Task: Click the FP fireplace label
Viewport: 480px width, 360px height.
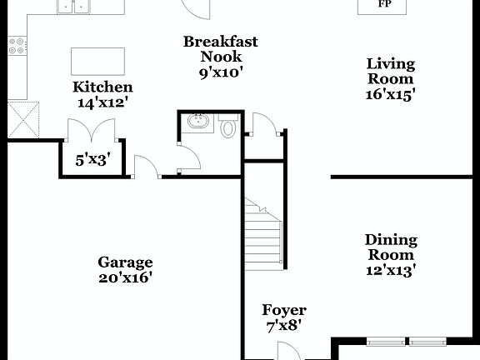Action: pos(384,4)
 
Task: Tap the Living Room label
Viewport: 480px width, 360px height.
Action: pos(391,71)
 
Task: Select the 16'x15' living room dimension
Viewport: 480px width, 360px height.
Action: pos(391,94)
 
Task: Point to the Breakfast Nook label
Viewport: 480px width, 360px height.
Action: pos(221,48)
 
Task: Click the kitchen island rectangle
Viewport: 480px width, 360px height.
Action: pos(98,61)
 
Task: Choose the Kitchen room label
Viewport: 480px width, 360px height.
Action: pos(102,87)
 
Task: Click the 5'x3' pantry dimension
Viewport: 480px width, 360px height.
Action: pos(92,159)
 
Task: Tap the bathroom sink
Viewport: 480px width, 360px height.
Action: pos(199,122)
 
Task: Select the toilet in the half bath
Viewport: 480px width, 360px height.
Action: pos(228,127)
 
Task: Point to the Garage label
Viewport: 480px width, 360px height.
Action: pos(125,261)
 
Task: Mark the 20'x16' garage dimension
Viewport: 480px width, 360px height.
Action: pos(125,277)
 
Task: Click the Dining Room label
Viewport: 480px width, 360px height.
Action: pos(391,247)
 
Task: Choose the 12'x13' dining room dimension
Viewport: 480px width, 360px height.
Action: pos(391,269)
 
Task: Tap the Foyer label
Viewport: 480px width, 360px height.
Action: pos(284,310)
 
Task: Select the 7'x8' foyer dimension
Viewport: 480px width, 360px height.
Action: pos(284,327)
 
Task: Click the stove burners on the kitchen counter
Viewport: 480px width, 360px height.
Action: pos(17,47)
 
